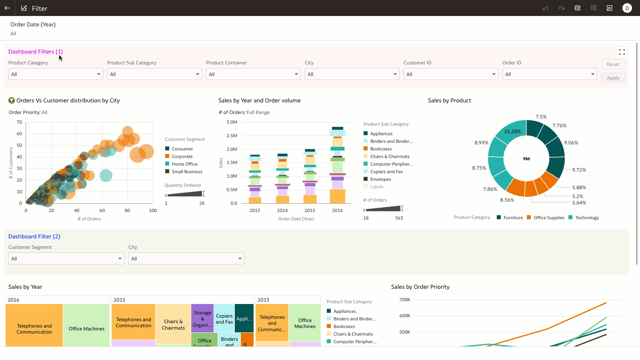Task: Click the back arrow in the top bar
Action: (7, 8)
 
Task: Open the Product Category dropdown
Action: (56, 74)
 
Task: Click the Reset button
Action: (613, 64)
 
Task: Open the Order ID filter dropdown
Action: (549, 74)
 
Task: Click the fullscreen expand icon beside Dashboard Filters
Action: (622, 52)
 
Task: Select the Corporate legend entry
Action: (182, 156)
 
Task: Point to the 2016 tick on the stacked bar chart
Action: (337, 210)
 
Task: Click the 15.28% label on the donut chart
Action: (512, 132)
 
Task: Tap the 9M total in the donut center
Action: (526, 159)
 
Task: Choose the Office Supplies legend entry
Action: (548, 218)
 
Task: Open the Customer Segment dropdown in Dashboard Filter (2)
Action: (66, 259)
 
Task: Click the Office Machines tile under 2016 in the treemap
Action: (86, 328)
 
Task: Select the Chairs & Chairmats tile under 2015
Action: (173, 324)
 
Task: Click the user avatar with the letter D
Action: (627, 8)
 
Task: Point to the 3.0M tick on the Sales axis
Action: (232, 122)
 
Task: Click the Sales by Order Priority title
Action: (420, 287)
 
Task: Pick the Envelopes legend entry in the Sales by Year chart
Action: (380, 179)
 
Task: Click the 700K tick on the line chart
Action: (404, 300)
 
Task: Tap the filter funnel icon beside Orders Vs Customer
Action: (12, 100)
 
